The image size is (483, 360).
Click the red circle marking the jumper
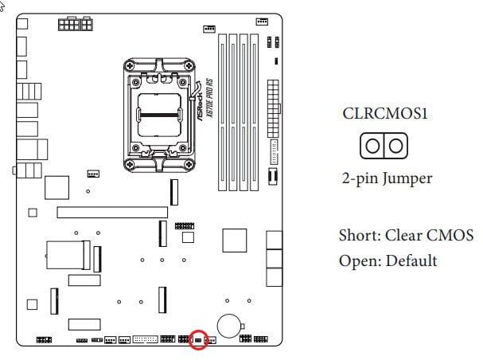[x=190, y=339]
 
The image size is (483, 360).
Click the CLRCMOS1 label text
[x=385, y=113]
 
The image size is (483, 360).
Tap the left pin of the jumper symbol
[x=372, y=146]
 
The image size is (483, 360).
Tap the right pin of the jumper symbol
[x=395, y=146]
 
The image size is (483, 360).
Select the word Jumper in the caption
[x=407, y=178]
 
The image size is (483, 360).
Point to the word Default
[x=411, y=260]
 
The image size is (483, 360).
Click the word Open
[x=359, y=261]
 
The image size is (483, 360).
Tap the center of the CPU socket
[x=159, y=115]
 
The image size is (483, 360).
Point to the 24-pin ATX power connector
[x=273, y=108]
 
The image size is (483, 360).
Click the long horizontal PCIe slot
[x=112, y=213]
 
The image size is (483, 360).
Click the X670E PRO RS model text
[x=210, y=98]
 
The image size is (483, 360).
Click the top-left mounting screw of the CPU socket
[x=130, y=65]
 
